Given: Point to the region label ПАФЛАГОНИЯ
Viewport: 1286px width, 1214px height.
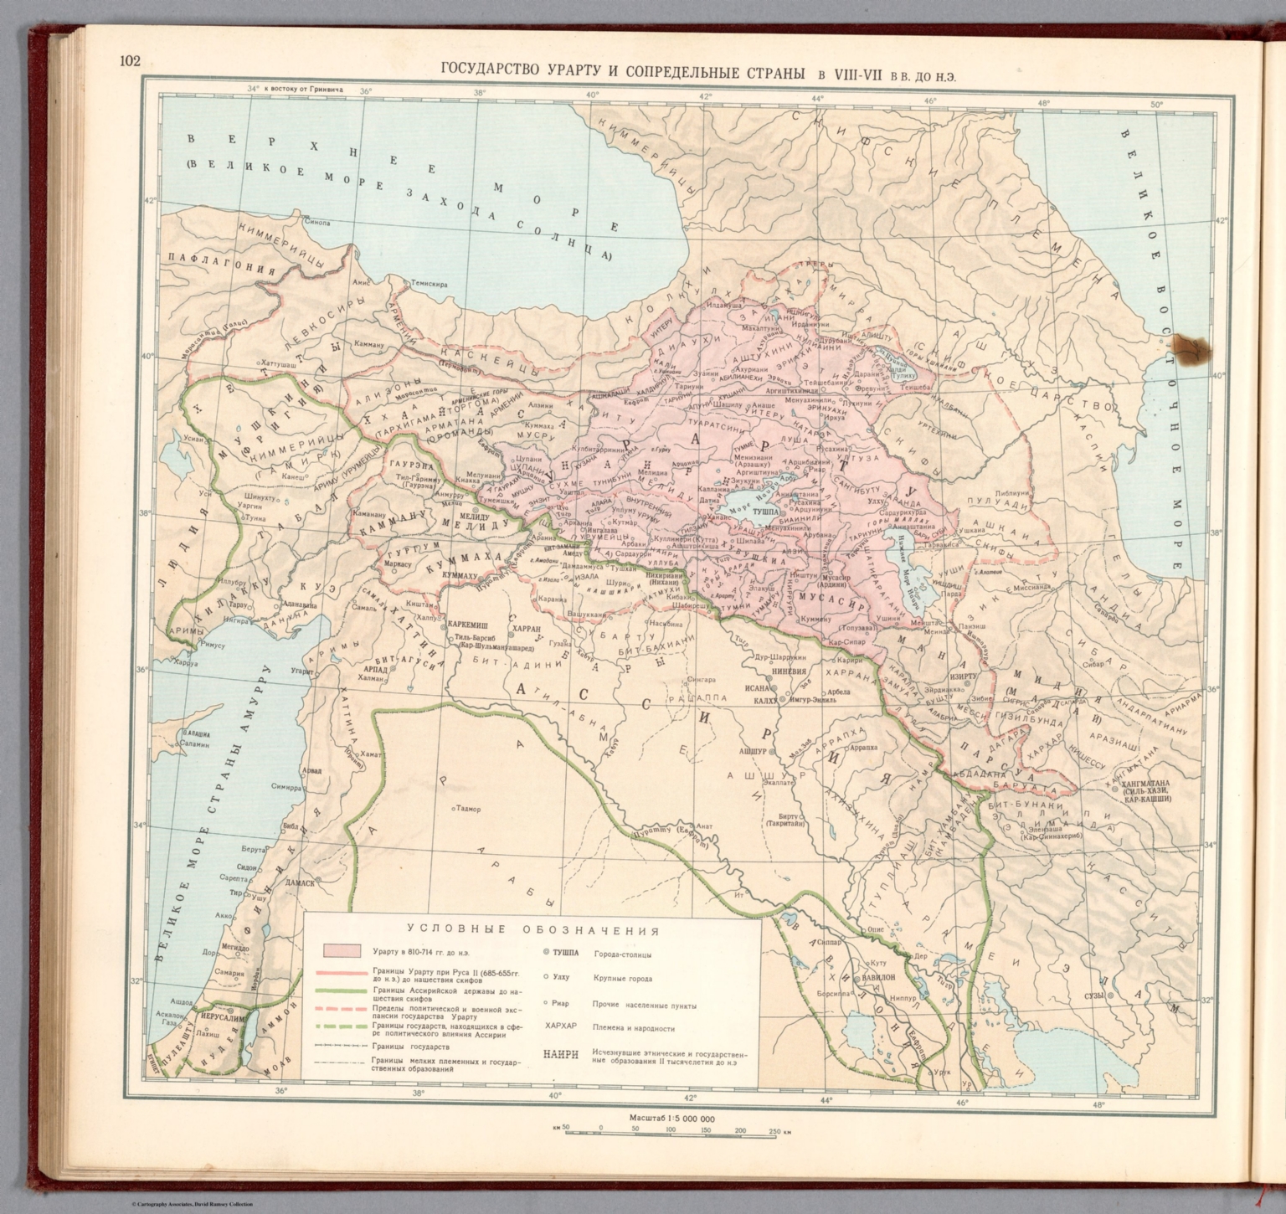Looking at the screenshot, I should point(223,270).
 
